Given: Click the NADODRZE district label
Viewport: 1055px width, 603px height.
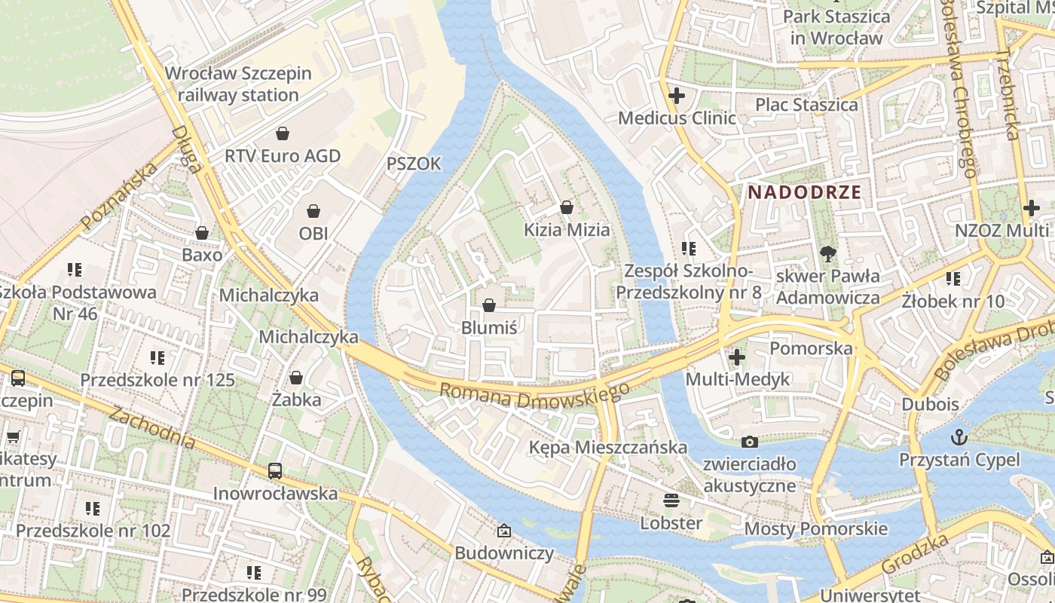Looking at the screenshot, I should (x=804, y=191).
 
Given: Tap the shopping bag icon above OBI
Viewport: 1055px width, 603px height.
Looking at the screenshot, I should (x=313, y=212).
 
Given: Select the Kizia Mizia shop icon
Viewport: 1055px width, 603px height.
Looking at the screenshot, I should (x=567, y=207).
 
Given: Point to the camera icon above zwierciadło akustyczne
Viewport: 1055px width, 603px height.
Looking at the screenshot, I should (x=749, y=442).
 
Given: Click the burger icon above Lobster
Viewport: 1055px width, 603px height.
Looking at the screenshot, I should (x=671, y=500).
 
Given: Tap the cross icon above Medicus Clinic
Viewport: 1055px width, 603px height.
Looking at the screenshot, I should (x=676, y=96).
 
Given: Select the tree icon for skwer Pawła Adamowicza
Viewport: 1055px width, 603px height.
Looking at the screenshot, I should (x=828, y=254).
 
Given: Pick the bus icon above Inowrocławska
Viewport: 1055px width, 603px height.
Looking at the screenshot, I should (x=275, y=471).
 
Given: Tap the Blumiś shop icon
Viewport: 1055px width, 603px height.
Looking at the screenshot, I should (x=489, y=305).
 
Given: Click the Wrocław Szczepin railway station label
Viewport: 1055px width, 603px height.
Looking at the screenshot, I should (x=237, y=84).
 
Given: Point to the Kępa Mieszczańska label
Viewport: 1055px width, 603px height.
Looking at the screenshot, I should (x=607, y=448).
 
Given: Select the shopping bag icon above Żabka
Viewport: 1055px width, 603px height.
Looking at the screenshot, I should (x=296, y=377).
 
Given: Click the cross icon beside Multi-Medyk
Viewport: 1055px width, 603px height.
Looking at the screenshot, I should (x=737, y=357).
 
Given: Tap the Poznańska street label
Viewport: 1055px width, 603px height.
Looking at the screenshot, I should (x=119, y=196).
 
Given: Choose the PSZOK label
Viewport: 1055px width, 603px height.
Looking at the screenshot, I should (x=413, y=164).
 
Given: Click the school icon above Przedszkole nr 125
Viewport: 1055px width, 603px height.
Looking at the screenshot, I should (x=157, y=357).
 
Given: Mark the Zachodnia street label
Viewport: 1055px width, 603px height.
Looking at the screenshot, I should (x=151, y=427).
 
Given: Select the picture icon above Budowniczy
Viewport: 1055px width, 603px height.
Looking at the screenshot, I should (x=503, y=531).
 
